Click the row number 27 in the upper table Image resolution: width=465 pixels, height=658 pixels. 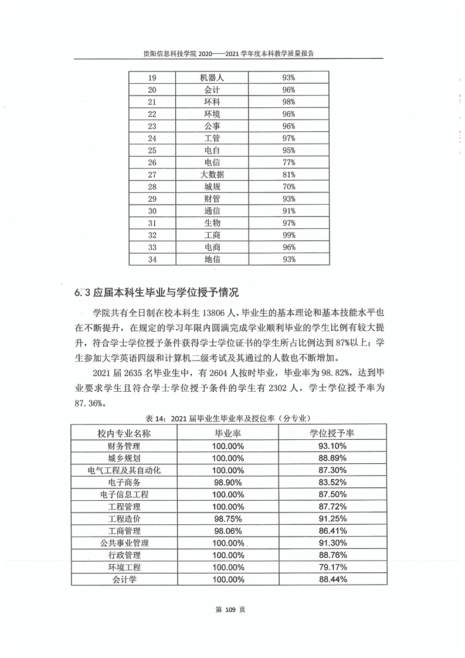click(152, 175)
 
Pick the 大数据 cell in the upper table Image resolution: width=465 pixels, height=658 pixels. click(212, 175)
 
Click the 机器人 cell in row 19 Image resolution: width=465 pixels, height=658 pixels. click(212, 77)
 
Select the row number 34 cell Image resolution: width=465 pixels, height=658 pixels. click(152, 259)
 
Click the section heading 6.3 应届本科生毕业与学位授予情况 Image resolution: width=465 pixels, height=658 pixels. click(157, 291)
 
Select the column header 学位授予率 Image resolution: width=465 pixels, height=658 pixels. click(332, 433)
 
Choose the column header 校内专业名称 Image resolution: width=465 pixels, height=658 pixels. click(124, 433)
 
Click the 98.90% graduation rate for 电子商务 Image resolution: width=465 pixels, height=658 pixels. click(228, 482)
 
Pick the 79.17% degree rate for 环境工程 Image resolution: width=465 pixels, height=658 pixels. click(332, 567)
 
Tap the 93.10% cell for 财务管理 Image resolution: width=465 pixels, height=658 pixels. click(332, 446)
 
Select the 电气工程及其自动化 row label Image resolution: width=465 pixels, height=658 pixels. click(124, 470)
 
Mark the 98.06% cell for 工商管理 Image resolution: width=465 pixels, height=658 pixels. click(228, 531)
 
